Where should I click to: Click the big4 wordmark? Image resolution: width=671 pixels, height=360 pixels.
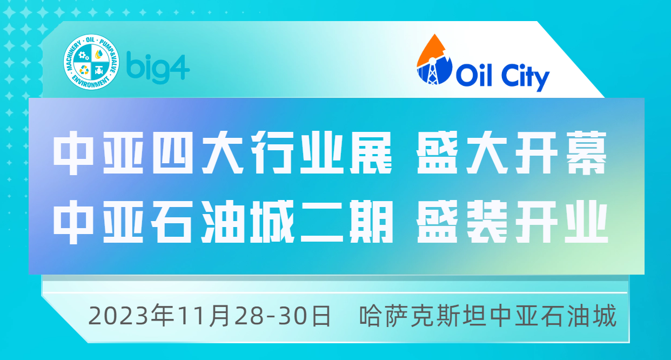(158, 68)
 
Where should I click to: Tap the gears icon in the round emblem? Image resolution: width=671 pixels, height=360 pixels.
(83, 56)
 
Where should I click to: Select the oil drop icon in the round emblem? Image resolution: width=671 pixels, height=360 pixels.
(99, 55)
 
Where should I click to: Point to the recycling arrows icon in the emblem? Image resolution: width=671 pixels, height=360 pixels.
(84, 70)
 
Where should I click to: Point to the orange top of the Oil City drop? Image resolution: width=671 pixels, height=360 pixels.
(431, 50)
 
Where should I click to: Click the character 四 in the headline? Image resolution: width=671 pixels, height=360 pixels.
(172, 153)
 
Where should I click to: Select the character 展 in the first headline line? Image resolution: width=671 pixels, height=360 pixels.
(371, 153)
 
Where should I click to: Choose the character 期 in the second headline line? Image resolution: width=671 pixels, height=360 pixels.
(372, 222)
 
